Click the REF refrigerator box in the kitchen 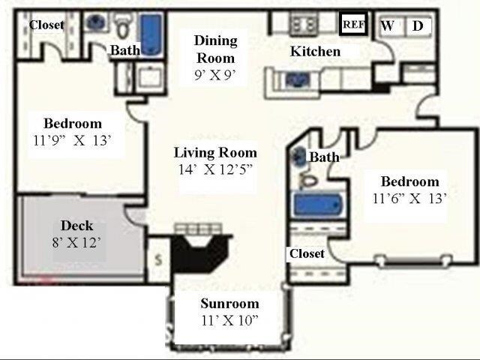click(353, 24)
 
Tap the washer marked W click(388, 25)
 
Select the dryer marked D click(418, 26)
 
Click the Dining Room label click(216, 49)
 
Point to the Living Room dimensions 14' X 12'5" click(216, 169)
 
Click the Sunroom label click(230, 303)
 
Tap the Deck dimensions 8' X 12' click(76, 242)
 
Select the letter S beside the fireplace click(158, 260)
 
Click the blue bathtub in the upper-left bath click(151, 34)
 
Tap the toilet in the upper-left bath click(124, 27)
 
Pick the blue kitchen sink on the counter click(297, 79)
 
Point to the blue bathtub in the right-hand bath click(317, 204)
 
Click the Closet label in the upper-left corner click(46, 25)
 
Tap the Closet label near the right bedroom click(307, 253)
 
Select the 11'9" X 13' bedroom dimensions click(72, 140)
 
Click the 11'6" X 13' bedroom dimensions click(409, 199)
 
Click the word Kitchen click(315, 51)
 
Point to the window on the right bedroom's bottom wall click(414, 261)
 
